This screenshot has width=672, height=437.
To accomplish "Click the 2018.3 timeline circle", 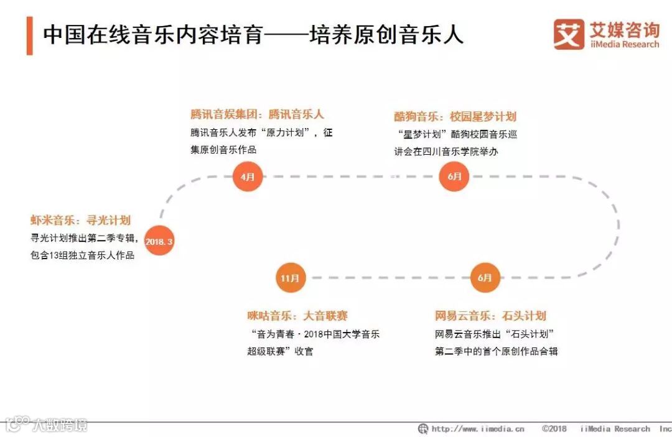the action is (x=159, y=241).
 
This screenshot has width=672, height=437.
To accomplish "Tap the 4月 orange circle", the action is (x=248, y=177).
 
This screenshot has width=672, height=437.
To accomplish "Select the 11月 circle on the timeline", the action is (x=291, y=277).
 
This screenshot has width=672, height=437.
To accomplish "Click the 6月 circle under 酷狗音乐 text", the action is (x=454, y=177).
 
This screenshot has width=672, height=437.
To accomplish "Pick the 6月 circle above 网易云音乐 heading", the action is (x=485, y=277).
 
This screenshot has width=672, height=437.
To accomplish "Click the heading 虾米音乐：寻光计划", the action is (x=81, y=220).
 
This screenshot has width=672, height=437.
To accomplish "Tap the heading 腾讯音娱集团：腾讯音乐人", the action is (x=257, y=114).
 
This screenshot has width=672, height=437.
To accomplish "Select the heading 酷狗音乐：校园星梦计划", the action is (x=455, y=116).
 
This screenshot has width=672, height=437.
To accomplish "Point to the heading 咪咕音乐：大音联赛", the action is (x=297, y=316).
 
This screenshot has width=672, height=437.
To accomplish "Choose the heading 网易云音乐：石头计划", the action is (x=490, y=316).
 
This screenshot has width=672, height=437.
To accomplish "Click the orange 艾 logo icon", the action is (x=568, y=34).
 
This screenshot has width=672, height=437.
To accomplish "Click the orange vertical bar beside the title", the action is (x=29, y=35).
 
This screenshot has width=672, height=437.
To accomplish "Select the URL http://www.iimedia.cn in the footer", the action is (x=478, y=428).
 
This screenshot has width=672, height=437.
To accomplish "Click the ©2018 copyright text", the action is (x=554, y=428).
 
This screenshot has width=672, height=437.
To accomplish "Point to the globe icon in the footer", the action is (x=423, y=428).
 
